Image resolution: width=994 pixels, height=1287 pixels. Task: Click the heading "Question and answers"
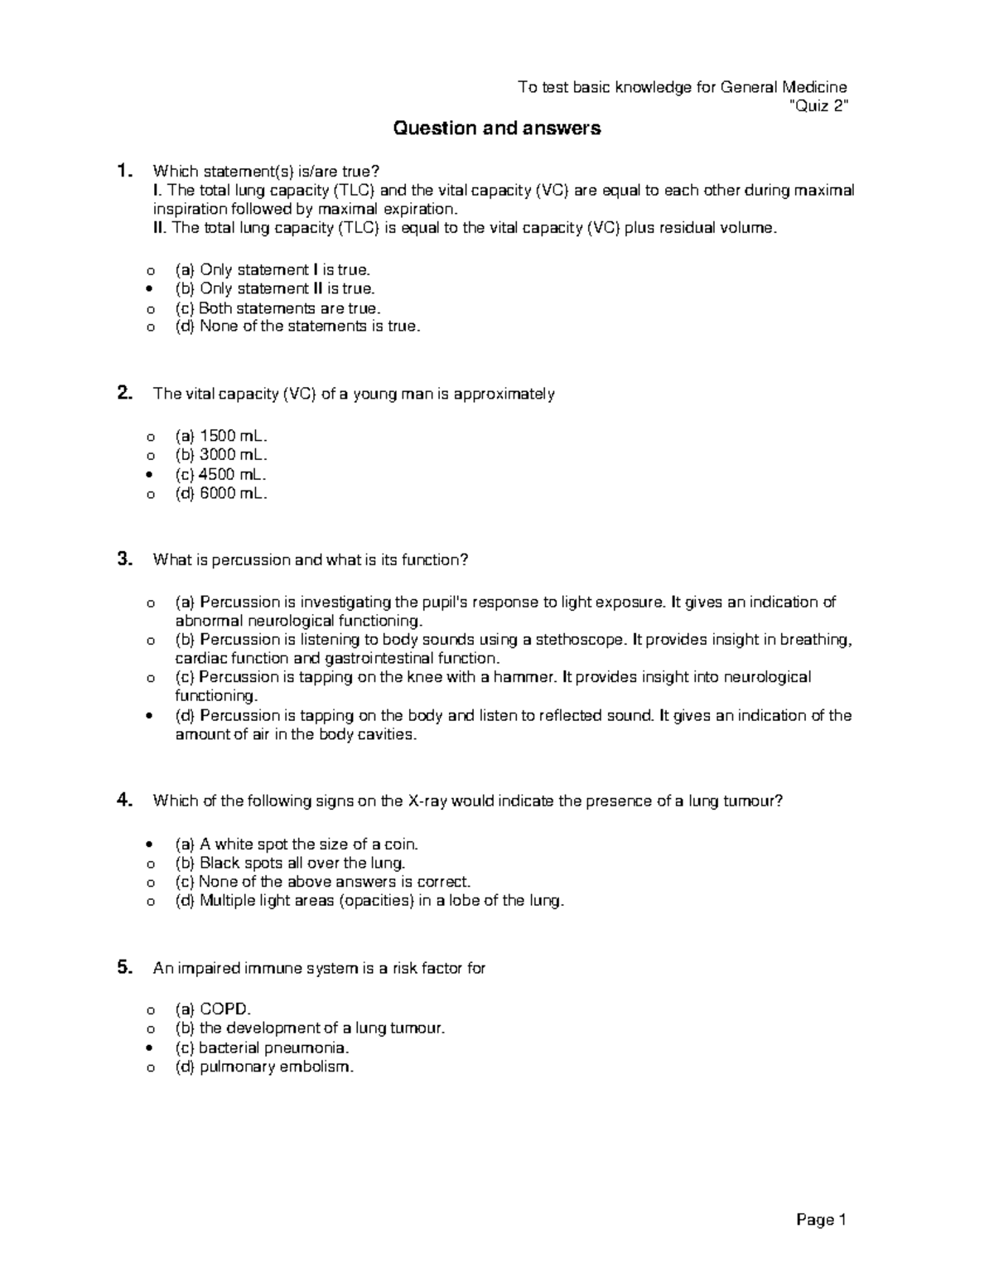[x=496, y=128]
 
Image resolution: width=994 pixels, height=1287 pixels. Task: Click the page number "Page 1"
[x=821, y=1219]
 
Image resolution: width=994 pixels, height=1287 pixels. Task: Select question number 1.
[x=124, y=172]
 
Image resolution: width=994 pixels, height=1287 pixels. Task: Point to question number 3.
[x=124, y=559]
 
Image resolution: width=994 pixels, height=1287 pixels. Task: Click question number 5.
[x=124, y=967]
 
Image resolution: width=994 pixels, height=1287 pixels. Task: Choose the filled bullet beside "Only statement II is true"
[x=150, y=289]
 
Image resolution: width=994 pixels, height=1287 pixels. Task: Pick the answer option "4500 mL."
[x=221, y=475]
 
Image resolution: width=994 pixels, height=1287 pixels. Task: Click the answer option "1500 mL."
[x=221, y=436]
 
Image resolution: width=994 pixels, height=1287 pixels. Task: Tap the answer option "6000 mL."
[x=221, y=494]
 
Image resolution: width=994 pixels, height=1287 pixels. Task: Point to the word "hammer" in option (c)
[x=524, y=677]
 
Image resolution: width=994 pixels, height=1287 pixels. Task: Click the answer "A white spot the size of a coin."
[x=297, y=844]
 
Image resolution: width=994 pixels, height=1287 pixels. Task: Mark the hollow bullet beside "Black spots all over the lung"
[x=150, y=864]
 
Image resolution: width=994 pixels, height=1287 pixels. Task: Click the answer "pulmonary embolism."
[x=264, y=1067]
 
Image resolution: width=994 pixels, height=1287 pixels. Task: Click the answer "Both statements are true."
[x=278, y=307]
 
